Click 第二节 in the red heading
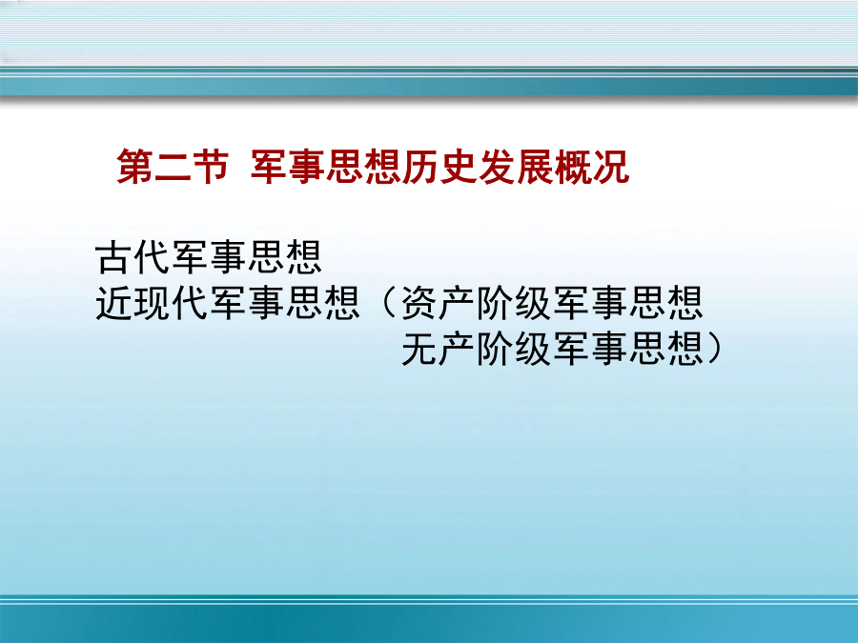173,166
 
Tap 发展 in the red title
516,166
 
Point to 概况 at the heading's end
592,166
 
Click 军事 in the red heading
288,166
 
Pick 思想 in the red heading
364,166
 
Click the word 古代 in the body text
133,257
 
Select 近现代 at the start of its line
152,302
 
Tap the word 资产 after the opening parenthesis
438,302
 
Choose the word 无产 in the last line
438,349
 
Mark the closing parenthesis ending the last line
714,349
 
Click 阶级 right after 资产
514,302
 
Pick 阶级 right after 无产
514,349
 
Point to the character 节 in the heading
211,166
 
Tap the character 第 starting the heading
134,166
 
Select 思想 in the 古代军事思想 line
285,257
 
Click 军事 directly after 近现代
247,302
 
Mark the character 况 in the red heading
611,166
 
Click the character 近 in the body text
113,302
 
